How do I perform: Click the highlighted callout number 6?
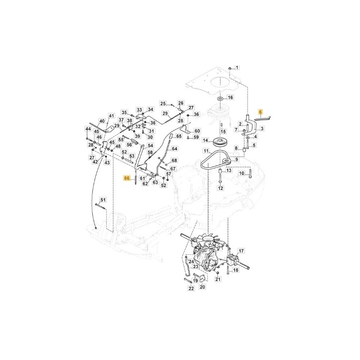260,112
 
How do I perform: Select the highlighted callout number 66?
127,178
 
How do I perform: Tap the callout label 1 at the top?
237,67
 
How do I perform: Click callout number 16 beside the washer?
230,97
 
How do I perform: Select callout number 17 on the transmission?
242,251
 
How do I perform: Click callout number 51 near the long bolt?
103,200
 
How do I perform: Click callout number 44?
88,129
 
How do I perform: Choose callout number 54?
150,145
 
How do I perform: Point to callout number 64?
175,148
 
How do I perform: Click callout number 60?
197,131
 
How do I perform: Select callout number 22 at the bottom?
191,288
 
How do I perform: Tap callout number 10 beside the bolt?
242,173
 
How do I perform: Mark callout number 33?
139,110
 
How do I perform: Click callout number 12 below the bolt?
220,188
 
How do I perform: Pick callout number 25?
163,104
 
